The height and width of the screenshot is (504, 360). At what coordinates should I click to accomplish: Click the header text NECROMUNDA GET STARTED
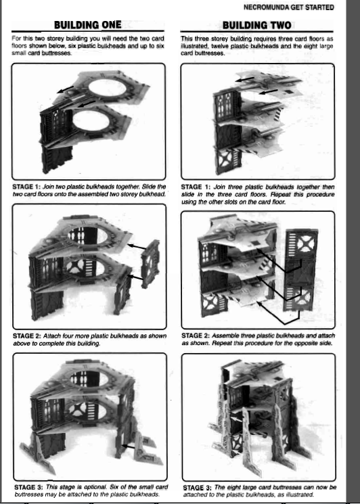[289, 7]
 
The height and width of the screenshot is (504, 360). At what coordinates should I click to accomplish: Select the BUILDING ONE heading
[88, 25]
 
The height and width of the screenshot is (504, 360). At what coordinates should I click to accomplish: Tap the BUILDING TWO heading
[257, 25]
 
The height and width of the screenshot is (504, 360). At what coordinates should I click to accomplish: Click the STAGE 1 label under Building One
[23, 187]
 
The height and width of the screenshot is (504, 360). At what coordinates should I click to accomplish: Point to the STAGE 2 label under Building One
[23, 336]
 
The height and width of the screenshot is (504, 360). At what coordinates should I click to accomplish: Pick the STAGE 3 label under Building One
[25, 487]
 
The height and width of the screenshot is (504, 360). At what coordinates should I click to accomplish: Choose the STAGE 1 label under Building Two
[192, 187]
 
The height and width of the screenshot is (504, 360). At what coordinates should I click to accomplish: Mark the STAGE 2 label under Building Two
[192, 336]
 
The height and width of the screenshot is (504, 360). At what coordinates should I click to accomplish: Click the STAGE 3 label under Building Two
[194, 488]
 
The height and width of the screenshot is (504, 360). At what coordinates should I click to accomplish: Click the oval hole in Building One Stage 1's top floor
[107, 87]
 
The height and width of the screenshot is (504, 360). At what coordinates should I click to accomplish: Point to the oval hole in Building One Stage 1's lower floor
[91, 120]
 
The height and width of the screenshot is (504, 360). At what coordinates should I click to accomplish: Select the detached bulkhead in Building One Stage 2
[150, 264]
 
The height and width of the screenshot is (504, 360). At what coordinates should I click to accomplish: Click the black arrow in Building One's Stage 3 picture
[129, 446]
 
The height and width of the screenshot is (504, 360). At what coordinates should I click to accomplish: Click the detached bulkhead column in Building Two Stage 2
[300, 270]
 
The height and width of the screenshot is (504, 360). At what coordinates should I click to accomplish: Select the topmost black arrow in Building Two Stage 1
[244, 79]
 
